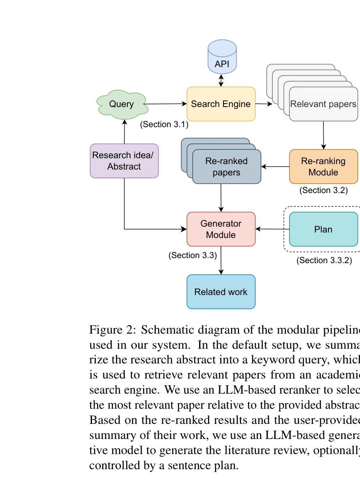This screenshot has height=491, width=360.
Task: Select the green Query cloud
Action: coord(122,104)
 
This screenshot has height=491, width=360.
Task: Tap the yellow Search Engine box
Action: coord(221,104)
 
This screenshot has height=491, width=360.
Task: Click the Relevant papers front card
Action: coord(323,104)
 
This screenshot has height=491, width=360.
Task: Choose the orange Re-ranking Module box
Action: coord(323,167)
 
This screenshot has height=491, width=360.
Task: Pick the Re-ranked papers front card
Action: coord(226,167)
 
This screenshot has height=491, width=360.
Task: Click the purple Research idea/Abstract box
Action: coord(124,161)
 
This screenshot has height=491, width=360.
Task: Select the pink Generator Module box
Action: coord(221,229)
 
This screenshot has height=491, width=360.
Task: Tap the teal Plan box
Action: coord(323,229)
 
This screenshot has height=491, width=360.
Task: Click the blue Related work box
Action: coord(221,292)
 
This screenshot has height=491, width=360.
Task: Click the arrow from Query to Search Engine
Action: coord(166,104)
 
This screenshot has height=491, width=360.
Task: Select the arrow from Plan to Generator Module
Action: coord(272,229)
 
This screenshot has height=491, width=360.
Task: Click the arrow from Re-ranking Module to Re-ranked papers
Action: coord(275,167)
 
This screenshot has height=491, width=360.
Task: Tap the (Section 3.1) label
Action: coord(164,125)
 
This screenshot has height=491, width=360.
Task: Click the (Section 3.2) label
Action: coord(323,190)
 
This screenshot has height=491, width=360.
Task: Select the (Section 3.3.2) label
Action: coord(324,260)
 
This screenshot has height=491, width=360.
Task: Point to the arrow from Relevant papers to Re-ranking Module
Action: coord(323,135)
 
